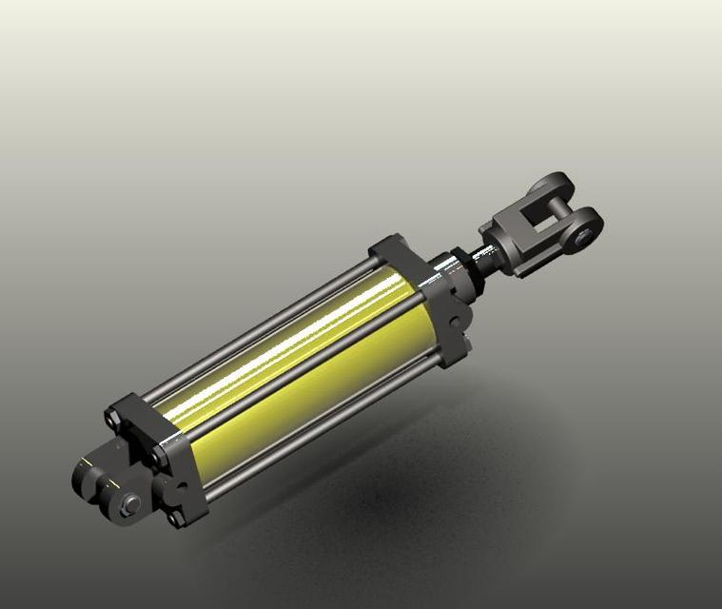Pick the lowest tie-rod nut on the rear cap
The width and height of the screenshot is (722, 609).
tap(174, 519)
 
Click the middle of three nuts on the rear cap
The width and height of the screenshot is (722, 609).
tap(156, 462)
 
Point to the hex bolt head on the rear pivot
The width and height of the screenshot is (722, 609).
tap(129, 505)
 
